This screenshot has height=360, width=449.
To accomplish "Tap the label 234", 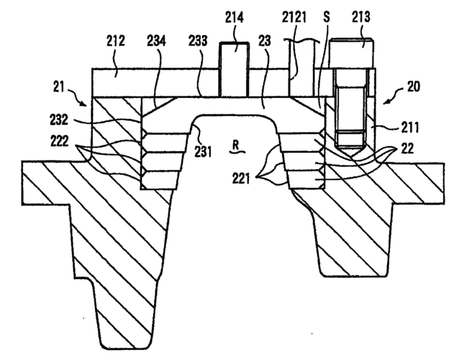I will [x=159, y=42].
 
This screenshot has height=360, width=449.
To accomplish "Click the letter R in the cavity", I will [x=235, y=145].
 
